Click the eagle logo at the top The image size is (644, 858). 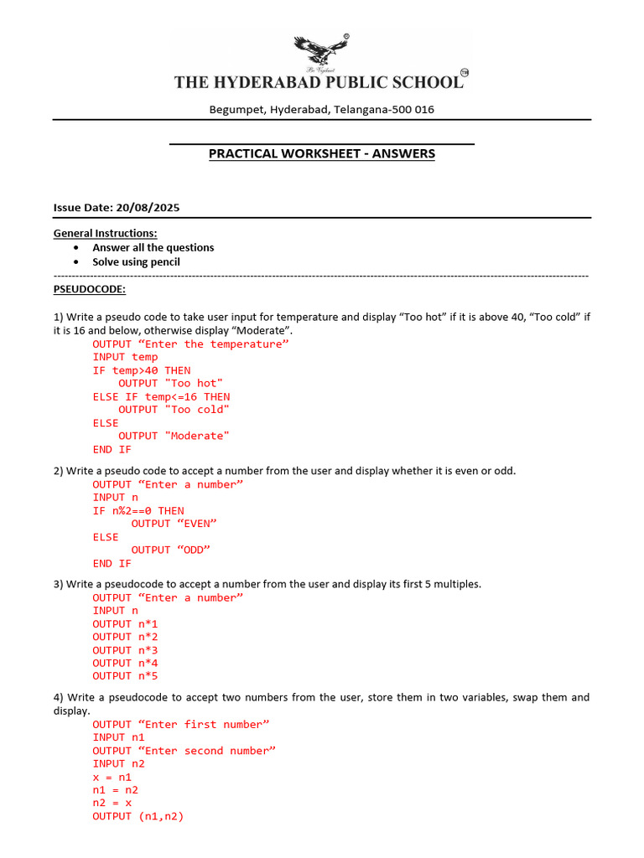point(322,52)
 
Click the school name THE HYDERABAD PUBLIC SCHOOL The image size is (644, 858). point(318,82)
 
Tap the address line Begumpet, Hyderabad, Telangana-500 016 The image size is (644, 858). point(321,110)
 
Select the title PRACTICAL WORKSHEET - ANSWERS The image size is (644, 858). point(321,154)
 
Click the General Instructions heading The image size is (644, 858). point(105,233)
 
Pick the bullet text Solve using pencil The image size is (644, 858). point(136,261)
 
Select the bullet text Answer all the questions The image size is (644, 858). point(153,247)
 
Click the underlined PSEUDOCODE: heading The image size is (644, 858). point(90,289)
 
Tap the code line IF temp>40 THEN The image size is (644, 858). point(141,370)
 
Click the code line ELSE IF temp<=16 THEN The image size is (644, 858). point(161,396)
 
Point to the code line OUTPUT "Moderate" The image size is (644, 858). point(173,436)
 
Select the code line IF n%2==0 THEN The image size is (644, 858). point(138,510)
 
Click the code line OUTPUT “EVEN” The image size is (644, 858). point(174,524)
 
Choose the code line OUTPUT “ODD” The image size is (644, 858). point(170,550)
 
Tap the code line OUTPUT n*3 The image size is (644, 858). point(125,650)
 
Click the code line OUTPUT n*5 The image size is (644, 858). point(125,676)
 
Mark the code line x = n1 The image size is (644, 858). point(112,777)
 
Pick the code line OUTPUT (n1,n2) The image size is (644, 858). point(138,816)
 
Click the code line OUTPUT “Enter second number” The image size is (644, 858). point(184,751)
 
